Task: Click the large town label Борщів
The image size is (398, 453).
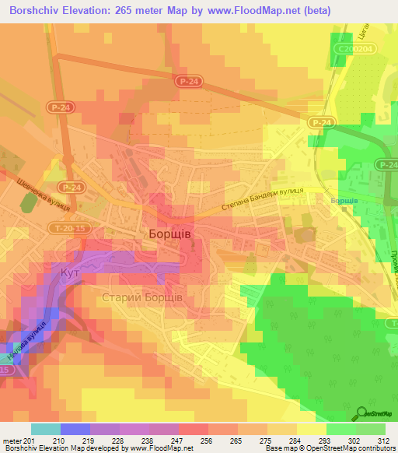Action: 170,234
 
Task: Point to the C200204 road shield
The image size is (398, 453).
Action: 352,47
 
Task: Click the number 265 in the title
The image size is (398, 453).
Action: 134,11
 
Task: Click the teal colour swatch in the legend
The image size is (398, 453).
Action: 46,429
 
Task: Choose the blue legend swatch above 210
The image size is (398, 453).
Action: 75,429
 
